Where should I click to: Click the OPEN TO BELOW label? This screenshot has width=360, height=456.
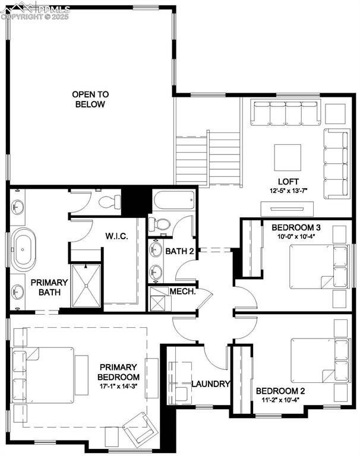point(90,99)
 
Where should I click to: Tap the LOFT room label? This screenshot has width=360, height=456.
point(288,181)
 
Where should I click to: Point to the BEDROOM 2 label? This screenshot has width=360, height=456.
point(280,391)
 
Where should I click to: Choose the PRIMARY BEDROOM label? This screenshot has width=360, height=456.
point(119,372)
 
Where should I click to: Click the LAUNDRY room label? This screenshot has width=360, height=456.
point(210,384)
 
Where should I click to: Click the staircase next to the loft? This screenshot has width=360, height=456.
point(208,157)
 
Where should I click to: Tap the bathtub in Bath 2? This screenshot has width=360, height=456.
point(175,201)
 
